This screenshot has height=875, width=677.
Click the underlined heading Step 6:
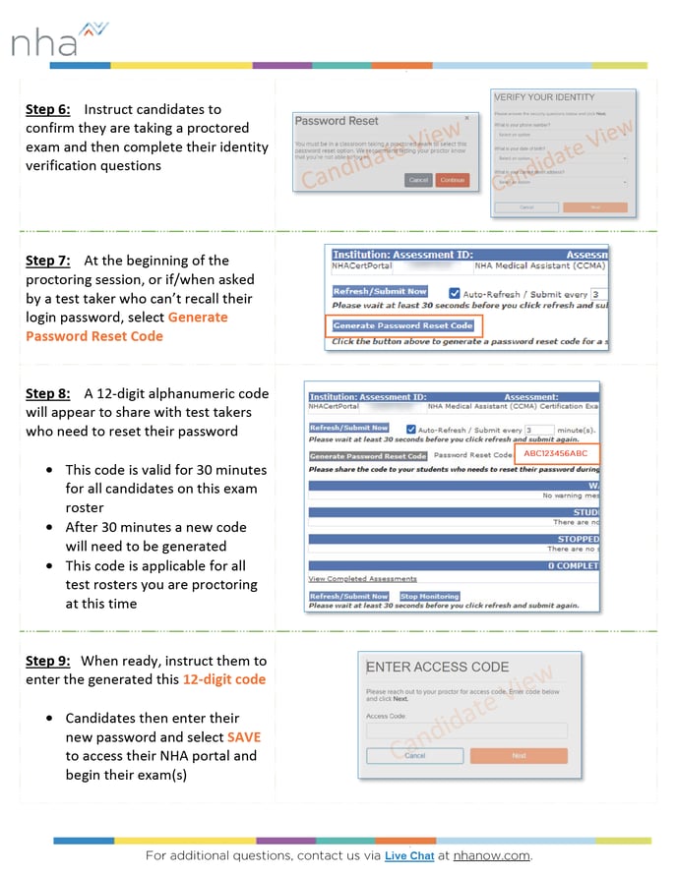47,109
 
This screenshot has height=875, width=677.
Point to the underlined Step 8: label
47,393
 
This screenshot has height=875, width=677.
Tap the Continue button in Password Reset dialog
453,180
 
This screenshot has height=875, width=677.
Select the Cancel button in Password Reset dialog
418,180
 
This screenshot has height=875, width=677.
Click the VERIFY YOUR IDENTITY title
544,98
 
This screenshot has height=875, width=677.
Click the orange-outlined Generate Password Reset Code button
403,325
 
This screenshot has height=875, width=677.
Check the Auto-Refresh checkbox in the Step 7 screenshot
455,293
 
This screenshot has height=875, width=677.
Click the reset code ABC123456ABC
556,454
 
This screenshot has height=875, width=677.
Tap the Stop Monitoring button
429,596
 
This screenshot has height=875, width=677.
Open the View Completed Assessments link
362,579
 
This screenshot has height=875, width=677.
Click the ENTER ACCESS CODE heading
437,668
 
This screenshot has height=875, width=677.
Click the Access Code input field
466,730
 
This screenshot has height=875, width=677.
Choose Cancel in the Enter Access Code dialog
414,756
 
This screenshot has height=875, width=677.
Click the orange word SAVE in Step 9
244,736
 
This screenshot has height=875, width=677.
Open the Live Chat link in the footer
409,856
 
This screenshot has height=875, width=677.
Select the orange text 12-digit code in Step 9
223,679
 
